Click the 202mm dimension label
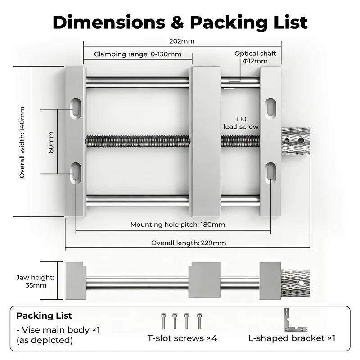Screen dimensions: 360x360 click(182, 41)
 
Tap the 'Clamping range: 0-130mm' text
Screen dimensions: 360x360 click(138, 54)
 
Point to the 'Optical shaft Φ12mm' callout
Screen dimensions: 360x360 click(255, 57)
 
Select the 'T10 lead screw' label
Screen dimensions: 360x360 click(241, 122)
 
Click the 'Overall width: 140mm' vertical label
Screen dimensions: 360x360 click(22, 142)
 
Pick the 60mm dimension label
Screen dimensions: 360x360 click(51, 142)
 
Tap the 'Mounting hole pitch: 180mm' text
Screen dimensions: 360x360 click(178, 225)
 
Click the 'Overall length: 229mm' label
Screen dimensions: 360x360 click(189, 243)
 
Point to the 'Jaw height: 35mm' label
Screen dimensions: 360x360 click(36, 281)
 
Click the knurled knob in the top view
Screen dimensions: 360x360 click(296, 141)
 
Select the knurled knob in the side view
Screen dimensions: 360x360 click(295, 283)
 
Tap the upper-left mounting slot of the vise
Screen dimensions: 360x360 click(76, 109)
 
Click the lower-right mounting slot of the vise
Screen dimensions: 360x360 click(271, 173)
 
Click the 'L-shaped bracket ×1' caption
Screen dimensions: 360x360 click(292, 338)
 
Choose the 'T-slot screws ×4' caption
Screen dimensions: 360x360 click(182, 338)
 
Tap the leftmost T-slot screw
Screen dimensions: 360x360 click(163, 321)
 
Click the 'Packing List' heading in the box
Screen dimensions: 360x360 click(44, 316)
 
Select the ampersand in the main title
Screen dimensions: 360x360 click(177, 22)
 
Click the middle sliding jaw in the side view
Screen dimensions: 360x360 click(205, 279)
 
